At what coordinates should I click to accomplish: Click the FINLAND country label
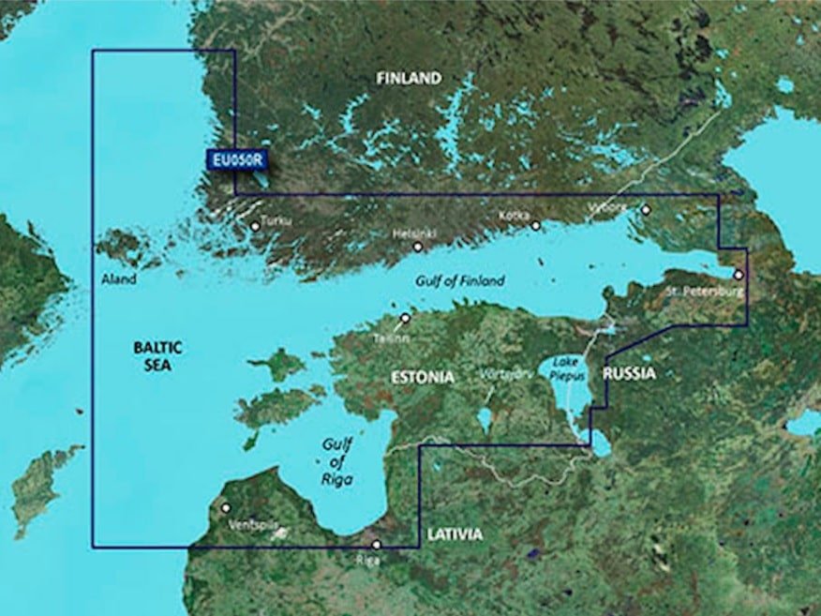tap(409, 79)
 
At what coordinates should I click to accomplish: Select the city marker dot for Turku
tap(255, 226)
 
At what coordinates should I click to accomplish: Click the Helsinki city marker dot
tap(418, 247)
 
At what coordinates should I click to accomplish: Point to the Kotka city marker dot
tap(535, 226)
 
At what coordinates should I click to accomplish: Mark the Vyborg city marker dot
tap(646, 210)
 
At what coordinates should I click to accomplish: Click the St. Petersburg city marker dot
tap(739, 275)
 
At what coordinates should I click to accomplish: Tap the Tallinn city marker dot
tap(405, 318)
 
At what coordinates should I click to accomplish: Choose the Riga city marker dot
tap(376, 545)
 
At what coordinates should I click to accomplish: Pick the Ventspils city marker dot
tap(226, 507)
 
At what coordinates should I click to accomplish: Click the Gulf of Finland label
tap(460, 280)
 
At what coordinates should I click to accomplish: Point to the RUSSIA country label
tap(630, 373)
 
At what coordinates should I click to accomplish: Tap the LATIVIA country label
tap(455, 534)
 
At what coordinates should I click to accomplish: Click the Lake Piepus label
tap(563, 368)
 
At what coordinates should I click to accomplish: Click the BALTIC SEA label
tap(157, 356)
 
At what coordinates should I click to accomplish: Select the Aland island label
tap(119, 279)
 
